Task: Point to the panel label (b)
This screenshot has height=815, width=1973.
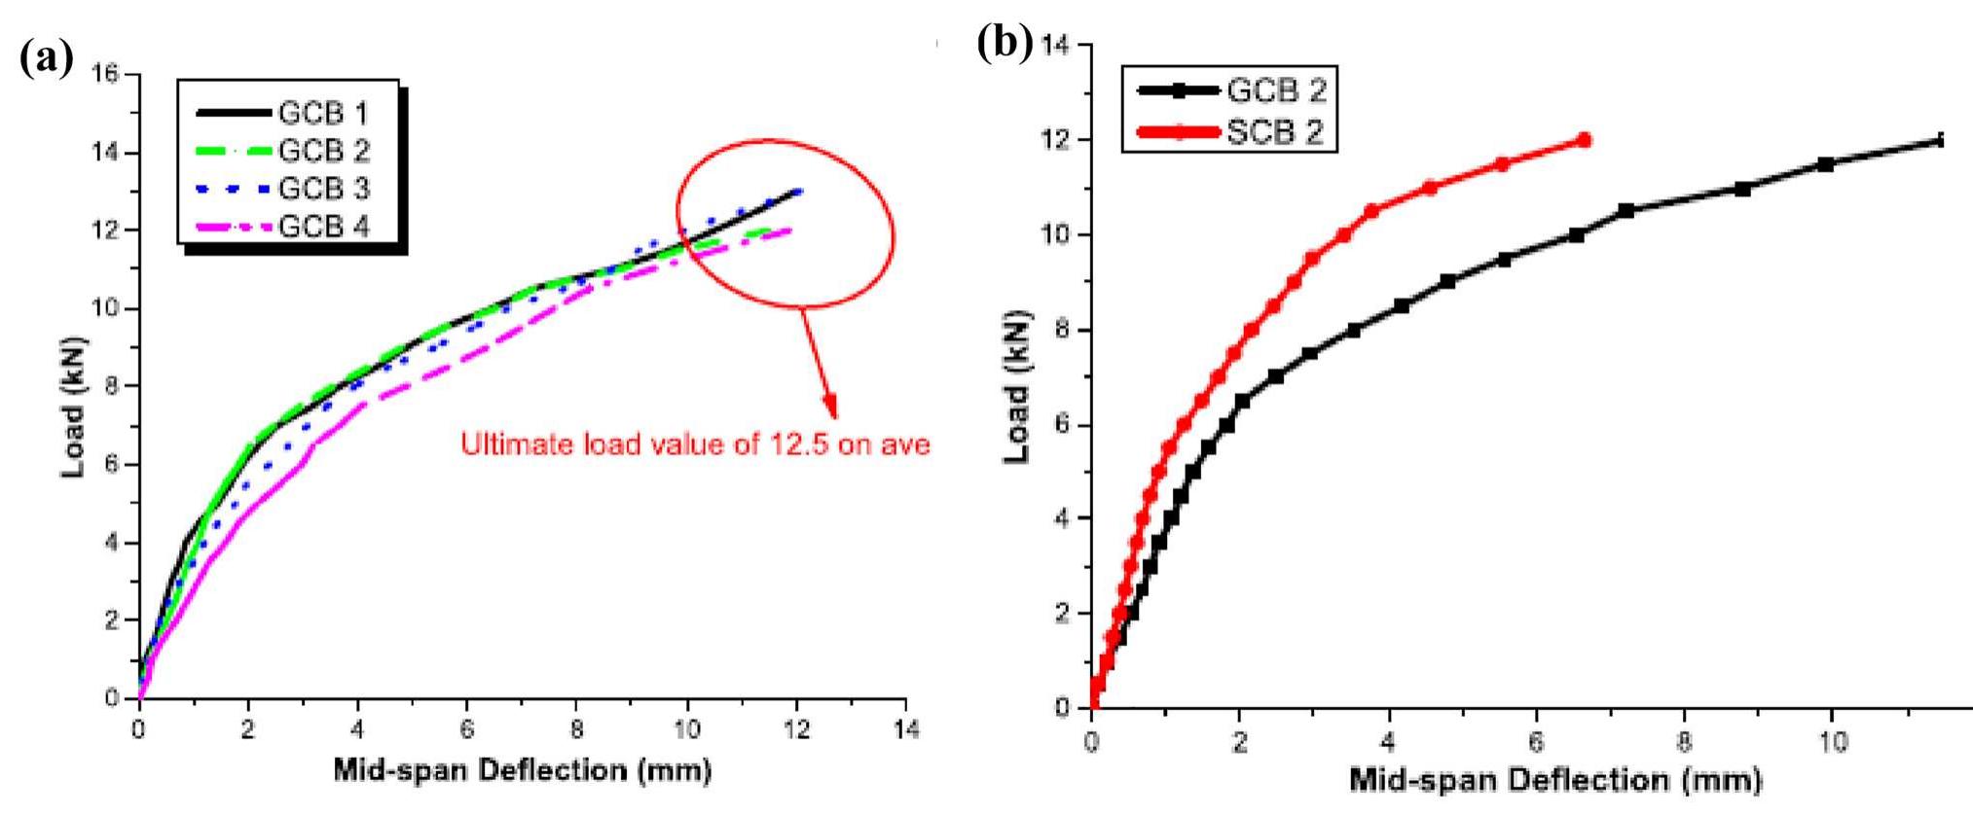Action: click(1003, 45)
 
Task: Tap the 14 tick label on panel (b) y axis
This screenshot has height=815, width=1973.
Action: click(1054, 45)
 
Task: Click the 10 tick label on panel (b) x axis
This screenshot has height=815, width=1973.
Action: click(1832, 741)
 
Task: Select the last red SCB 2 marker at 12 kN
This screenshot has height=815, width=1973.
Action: click(1584, 140)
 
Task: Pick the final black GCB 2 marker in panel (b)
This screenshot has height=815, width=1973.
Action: click(1940, 140)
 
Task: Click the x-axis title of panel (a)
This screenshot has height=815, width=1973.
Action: click(522, 771)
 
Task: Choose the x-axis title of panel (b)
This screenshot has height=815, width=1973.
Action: click(1554, 780)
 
